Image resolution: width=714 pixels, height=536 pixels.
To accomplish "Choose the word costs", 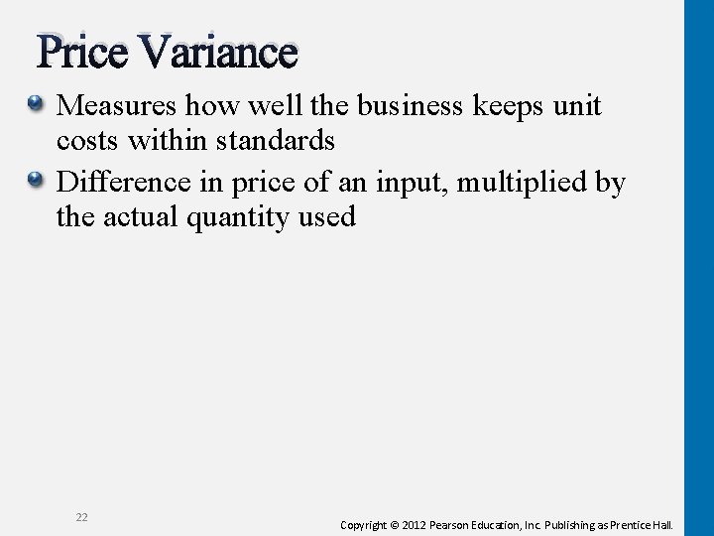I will coord(88,142).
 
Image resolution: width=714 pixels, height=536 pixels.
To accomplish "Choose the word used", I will coord(328,217).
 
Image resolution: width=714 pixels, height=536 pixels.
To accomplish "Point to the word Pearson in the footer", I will coord(466,524).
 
